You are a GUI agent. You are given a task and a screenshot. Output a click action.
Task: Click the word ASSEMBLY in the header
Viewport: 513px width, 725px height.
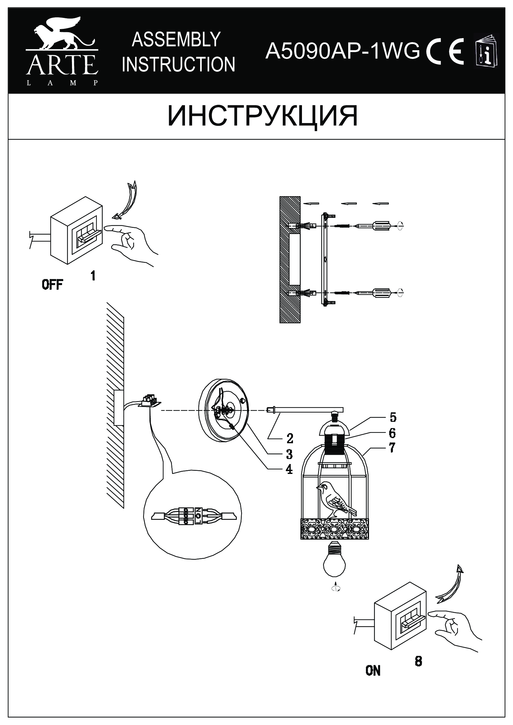coord(176,40)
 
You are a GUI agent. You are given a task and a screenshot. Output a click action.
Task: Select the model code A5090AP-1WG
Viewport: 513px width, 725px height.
coord(343,51)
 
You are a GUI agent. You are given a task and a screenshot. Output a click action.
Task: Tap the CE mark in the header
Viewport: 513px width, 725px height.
coord(445,51)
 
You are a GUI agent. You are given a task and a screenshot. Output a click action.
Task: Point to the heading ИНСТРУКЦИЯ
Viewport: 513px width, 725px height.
coord(262,116)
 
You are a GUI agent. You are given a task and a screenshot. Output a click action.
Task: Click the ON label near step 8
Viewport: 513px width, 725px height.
coord(373,671)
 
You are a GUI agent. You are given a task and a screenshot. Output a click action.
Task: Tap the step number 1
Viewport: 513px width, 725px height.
coord(93,276)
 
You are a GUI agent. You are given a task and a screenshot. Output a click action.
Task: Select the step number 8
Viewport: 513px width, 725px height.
coord(418,661)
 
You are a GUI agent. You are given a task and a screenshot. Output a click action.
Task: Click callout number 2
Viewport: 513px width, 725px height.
coord(290,438)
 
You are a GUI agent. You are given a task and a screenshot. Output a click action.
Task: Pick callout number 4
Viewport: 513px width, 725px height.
coord(289,470)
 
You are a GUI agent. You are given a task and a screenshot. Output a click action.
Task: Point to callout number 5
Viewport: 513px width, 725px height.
coord(393,418)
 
